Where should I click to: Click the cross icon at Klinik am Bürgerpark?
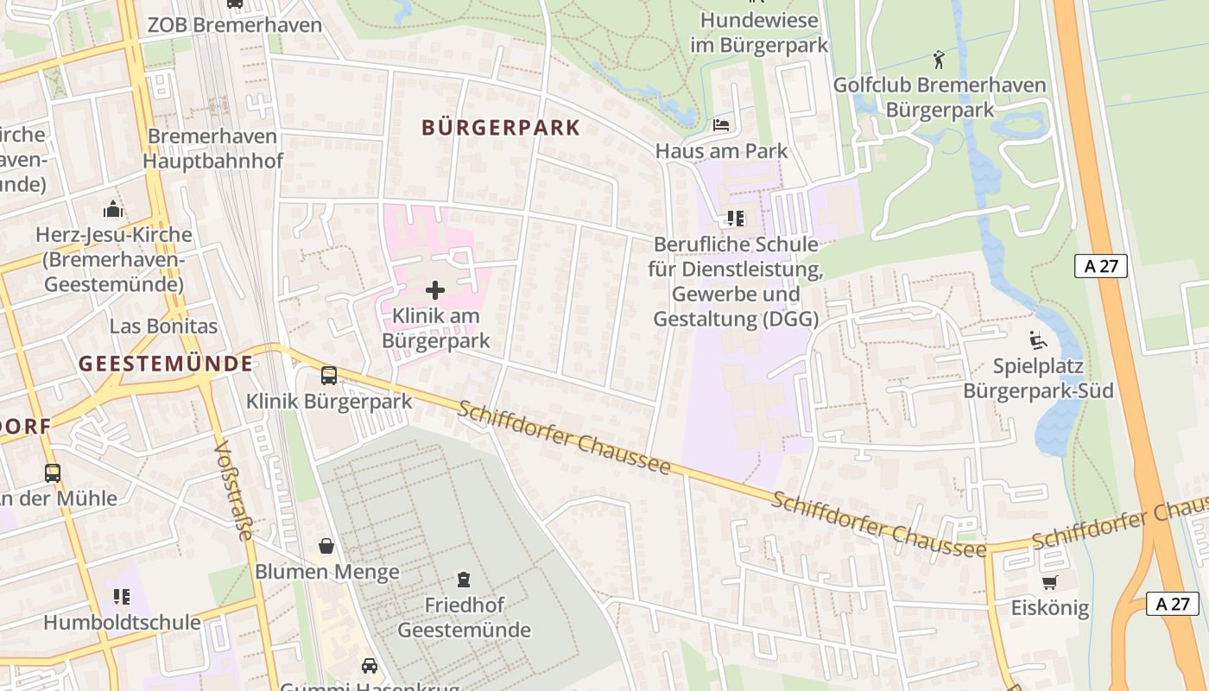pyautogui.click(x=435, y=290)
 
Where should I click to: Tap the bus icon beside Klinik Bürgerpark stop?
pyautogui.click(x=329, y=376)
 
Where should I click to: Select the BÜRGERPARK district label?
pyautogui.click(x=501, y=128)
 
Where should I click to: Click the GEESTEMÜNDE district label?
pyautogui.click(x=166, y=364)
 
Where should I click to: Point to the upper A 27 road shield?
pyautogui.click(x=1100, y=266)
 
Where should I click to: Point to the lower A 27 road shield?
pyautogui.click(x=1173, y=604)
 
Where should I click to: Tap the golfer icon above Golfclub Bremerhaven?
pyautogui.click(x=940, y=60)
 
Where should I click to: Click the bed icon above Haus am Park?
pyautogui.click(x=721, y=126)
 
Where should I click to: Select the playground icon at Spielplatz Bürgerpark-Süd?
pyautogui.click(x=1037, y=340)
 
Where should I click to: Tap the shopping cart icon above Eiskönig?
pyautogui.click(x=1049, y=583)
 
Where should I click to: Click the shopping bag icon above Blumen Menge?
pyautogui.click(x=326, y=546)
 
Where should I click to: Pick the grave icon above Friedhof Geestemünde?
pyautogui.click(x=464, y=579)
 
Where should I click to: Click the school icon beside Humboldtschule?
pyautogui.click(x=121, y=596)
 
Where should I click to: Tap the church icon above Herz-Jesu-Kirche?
pyautogui.click(x=113, y=209)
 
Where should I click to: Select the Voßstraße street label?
pyautogui.click(x=233, y=491)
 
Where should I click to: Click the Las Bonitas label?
pyautogui.click(x=163, y=326)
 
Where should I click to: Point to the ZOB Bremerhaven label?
pyautogui.click(x=234, y=24)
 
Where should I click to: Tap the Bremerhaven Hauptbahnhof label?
pyautogui.click(x=212, y=149)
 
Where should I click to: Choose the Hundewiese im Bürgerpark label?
pyautogui.click(x=759, y=32)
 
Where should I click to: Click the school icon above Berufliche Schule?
pyautogui.click(x=735, y=218)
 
